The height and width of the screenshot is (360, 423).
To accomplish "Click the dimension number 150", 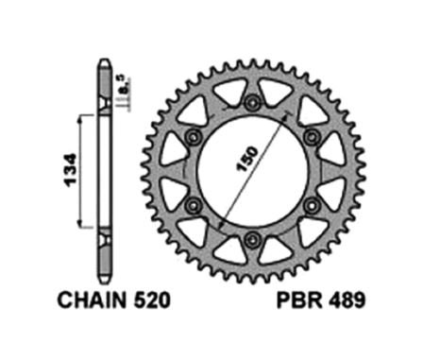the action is [247, 159].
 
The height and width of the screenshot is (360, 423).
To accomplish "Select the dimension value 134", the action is [70, 170].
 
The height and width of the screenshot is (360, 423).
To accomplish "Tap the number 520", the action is [152, 300].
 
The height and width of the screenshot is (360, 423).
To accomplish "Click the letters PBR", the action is [299, 300].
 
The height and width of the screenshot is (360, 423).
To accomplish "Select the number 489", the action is [347, 300].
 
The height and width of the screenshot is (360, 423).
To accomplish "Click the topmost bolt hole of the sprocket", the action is [252, 102].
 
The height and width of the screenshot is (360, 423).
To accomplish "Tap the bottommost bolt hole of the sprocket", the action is [252, 240].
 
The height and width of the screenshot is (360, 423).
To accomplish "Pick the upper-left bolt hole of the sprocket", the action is [193, 137].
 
